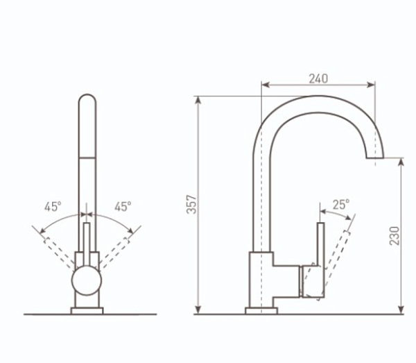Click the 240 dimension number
coord(318,78)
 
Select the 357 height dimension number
coord(191,205)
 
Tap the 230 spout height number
coord(395,236)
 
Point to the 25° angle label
coord(341,205)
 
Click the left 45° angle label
coord(53,207)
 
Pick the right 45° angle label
coord(123,206)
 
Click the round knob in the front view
coord(87,280)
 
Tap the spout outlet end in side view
coord(375,158)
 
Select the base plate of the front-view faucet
coord(87,311)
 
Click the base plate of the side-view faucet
coord(261,311)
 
